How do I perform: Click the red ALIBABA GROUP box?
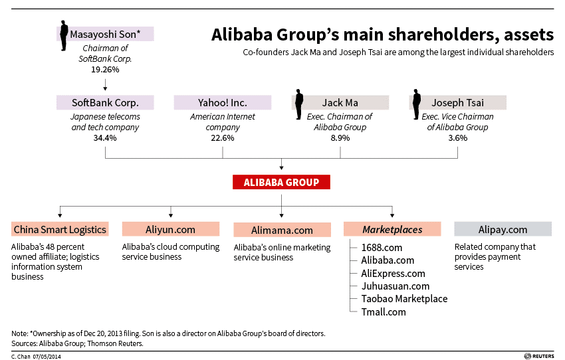point(281,182)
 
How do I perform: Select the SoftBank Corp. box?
point(105,102)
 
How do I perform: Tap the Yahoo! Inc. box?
point(222,102)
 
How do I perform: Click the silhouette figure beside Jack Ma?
point(298,104)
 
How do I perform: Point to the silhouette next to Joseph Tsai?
point(417,104)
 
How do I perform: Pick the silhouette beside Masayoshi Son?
point(64,36)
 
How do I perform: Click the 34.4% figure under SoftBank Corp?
point(105,138)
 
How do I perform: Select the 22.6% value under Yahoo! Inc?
point(222,138)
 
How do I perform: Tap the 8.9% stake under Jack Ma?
point(340,138)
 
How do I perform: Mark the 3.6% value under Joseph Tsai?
point(457,138)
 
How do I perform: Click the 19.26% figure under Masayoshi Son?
point(105,70)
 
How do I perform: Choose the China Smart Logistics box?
point(60,229)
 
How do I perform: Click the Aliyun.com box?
point(170,229)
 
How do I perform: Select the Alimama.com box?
point(282,230)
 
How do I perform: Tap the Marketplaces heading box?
point(392,229)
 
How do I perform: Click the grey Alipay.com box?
point(503,229)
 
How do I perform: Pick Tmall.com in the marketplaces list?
point(384,312)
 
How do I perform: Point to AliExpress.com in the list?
point(393,274)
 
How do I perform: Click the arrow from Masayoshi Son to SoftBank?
point(105,84)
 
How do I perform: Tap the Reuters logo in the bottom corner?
point(539,356)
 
